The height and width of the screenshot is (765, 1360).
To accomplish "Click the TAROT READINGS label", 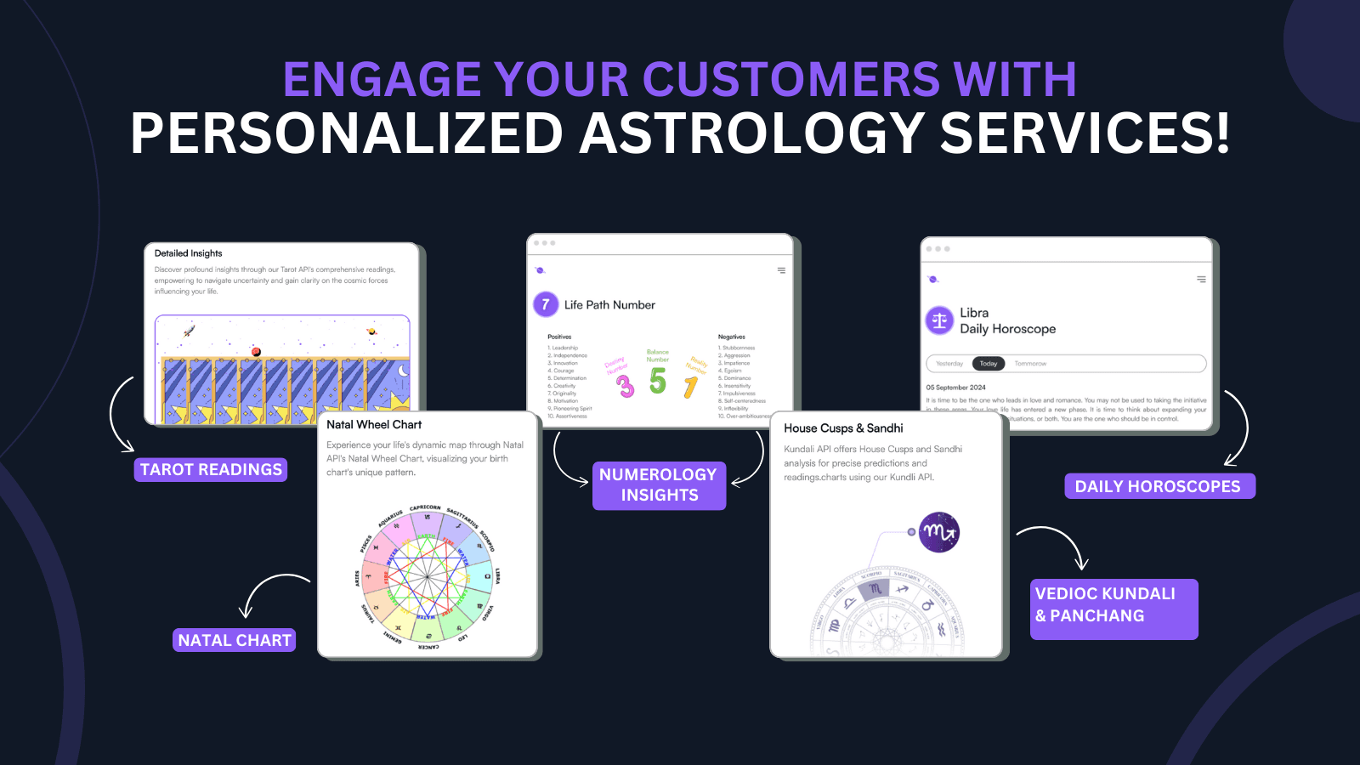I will [x=211, y=470].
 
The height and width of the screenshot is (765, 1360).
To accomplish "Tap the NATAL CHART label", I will [x=235, y=640].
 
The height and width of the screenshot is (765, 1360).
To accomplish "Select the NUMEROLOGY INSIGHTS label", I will [x=659, y=485].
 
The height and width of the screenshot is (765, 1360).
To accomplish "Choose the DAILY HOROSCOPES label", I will [x=1159, y=486].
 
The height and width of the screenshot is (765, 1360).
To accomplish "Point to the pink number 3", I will [x=626, y=387].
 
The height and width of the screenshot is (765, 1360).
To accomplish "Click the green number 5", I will [x=657, y=382].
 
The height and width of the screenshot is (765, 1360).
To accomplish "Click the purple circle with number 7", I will [x=546, y=304].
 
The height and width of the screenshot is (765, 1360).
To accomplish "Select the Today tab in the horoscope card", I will [x=988, y=364].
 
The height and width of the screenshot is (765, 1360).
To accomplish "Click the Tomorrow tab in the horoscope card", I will [x=1030, y=364].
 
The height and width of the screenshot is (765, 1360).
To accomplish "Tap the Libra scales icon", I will [x=939, y=320].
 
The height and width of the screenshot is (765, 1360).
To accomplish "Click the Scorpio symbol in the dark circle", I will [x=939, y=532].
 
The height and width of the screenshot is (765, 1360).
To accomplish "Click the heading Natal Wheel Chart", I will [x=374, y=424].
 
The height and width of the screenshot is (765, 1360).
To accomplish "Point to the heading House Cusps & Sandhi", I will [x=843, y=428].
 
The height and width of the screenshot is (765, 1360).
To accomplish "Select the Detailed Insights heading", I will [x=188, y=253].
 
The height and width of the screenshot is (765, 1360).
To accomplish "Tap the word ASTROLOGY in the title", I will [x=751, y=133].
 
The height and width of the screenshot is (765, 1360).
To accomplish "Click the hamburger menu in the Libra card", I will [x=1201, y=279].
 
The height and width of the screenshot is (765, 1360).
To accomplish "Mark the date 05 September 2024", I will [x=955, y=388].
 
